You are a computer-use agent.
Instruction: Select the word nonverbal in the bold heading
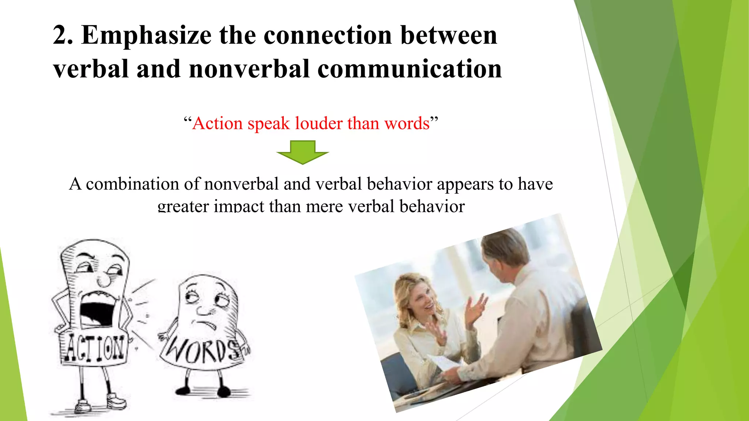[x=249, y=69]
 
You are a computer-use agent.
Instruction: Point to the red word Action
[x=217, y=123]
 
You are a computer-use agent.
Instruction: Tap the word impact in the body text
[x=238, y=206]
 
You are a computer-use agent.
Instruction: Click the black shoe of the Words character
[x=223, y=392]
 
